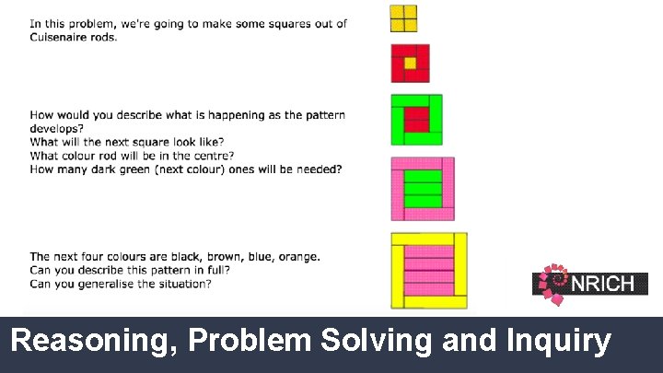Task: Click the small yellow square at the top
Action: tap(403, 18)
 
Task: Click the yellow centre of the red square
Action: tap(410, 64)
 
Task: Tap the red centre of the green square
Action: tap(417, 119)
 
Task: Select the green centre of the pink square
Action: tap(424, 188)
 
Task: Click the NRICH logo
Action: tap(589, 284)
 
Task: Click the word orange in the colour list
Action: tap(297, 256)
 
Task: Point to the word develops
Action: tap(57, 128)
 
